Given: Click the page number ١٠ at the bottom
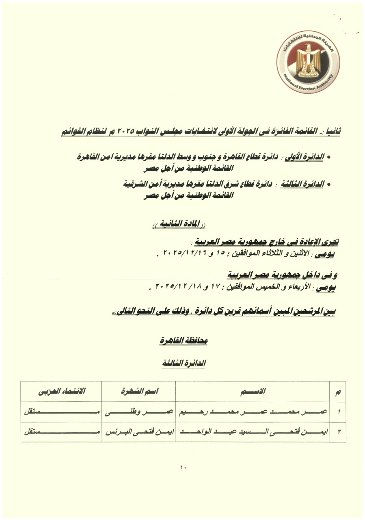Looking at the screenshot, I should click(182, 467).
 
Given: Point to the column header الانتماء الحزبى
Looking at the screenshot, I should click(61, 392).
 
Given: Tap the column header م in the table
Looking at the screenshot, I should click(338, 392).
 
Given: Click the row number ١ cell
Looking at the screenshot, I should click(338, 412).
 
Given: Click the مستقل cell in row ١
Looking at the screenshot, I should click(61, 412).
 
